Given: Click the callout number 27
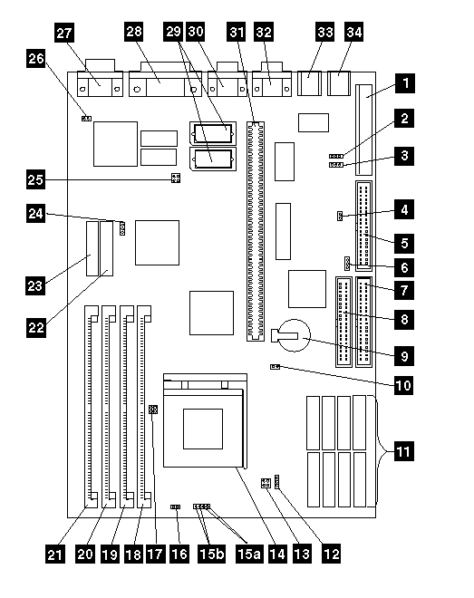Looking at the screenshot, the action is [64, 33].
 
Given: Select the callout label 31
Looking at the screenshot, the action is [237, 32].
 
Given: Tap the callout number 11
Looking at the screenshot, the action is [403, 451].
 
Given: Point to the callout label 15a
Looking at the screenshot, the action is [249, 554].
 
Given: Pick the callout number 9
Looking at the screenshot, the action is [404, 356].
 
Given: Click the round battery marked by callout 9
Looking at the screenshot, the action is [294, 335].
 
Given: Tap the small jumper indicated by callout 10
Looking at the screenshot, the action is [275, 367].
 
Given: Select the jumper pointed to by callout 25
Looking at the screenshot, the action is [176, 178].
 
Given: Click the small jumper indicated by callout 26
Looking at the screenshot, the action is [87, 119].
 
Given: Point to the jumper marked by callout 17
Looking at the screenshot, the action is [153, 410].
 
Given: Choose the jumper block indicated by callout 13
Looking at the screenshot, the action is [266, 483].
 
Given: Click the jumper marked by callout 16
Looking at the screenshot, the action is [176, 506].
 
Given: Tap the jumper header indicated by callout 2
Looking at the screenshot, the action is [336, 157].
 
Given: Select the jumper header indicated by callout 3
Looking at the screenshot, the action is [336, 165].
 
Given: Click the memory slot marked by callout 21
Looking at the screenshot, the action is [92, 407].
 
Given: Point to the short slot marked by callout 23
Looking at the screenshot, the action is [92, 248].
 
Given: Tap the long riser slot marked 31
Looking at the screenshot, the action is [255, 231].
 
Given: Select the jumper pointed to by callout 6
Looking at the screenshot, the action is [347, 263].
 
